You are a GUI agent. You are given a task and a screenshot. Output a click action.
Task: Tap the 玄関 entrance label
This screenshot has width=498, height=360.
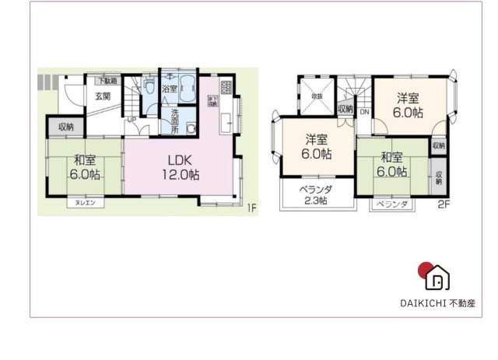[x=103, y=96]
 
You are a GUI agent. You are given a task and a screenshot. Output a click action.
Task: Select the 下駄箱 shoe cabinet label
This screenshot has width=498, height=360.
[x=107, y=80]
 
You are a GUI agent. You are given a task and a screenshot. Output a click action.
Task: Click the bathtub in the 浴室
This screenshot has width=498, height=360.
[x=187, y=87]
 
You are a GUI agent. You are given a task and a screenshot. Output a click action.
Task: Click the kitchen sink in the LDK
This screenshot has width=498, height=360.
[x=225, y=121]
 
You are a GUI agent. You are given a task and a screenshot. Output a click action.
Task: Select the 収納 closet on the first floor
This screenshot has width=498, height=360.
[x=66, y=126]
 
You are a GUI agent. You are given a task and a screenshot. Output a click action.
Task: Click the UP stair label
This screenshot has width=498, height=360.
[x=132, y=119]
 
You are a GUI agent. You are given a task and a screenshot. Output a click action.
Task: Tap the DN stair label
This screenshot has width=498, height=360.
[x=364, y=111]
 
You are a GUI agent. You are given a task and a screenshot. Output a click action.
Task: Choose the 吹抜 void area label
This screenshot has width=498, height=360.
[x=317, y=96]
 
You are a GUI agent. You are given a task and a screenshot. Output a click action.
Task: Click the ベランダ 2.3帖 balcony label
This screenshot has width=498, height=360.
[x=316, y=195]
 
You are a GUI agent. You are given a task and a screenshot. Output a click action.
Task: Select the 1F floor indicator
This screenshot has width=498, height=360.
[x=251, y=207]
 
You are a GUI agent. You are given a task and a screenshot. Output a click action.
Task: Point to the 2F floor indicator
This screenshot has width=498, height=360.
[x=444, y=205]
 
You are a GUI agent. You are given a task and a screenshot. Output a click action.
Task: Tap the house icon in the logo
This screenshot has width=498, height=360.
[x=438, y=276]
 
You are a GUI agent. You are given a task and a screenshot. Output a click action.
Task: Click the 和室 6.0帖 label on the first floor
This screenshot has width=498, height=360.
[x=85, y=167]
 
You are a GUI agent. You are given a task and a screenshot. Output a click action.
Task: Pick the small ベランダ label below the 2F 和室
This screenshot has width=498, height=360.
[x=392, y=204]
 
